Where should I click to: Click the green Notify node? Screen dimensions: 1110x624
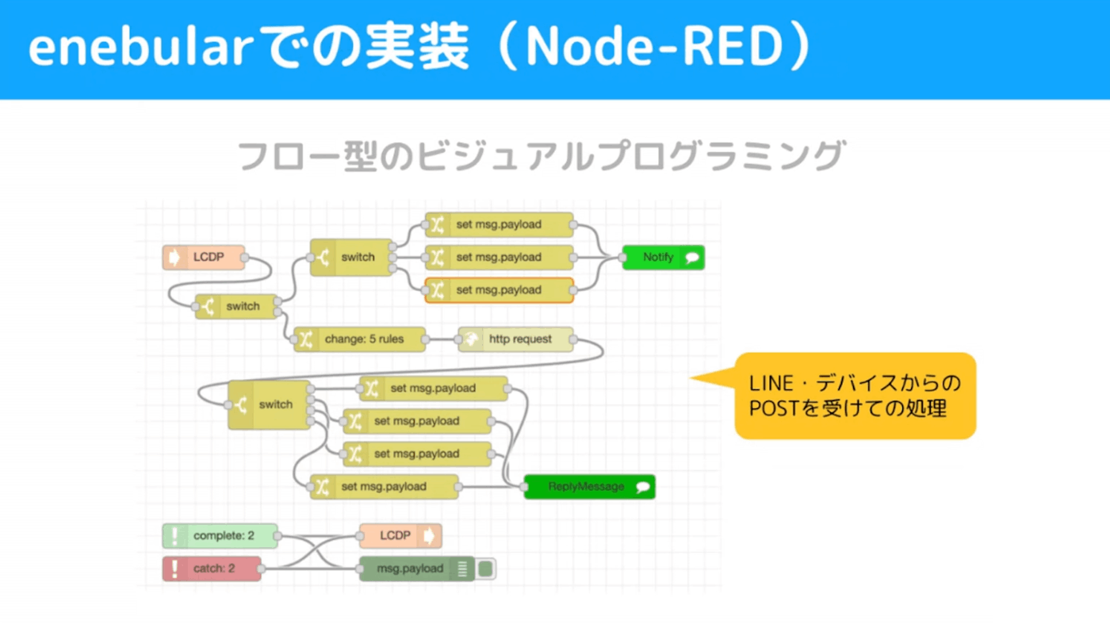664,257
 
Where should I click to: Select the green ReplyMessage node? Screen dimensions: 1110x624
590,487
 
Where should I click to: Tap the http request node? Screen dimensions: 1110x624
516,339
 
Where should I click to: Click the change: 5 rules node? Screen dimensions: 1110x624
360,339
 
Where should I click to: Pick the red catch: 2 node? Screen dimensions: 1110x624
212,568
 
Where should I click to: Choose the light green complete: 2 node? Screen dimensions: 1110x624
220,536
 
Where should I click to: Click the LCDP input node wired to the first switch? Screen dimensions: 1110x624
204,257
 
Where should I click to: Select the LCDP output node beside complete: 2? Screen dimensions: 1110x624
400,536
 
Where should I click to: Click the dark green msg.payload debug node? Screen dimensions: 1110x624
417,568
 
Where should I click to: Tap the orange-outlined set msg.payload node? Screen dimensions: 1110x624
499,290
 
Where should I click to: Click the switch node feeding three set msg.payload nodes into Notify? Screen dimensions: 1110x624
351,257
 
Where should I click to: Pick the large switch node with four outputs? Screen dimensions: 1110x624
270,404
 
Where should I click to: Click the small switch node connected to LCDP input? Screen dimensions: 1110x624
236,306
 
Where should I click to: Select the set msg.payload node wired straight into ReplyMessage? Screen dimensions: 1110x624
384,487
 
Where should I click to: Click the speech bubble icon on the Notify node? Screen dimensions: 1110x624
692,257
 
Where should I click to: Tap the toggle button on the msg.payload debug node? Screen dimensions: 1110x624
485,568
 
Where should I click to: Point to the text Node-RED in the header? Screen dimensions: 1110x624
655,47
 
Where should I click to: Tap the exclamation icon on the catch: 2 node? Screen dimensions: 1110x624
174,568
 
